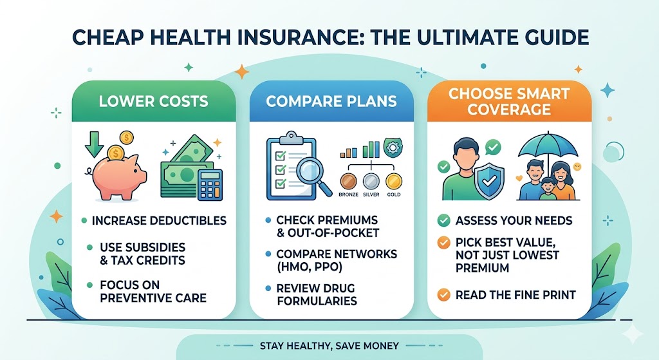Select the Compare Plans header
coord(331,101)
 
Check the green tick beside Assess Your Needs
coord(443,221)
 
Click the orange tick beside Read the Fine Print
coord(443,295)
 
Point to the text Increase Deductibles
coord(159,221)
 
